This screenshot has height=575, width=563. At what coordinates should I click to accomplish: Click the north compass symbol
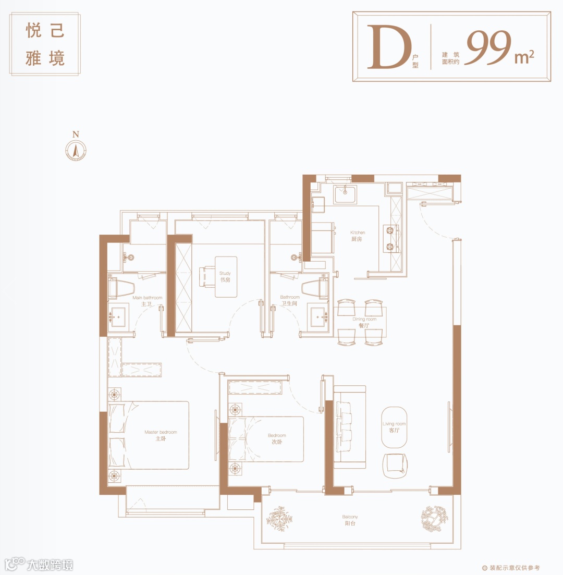click(76, 150)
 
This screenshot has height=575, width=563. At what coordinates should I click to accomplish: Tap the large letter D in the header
click(389, 47)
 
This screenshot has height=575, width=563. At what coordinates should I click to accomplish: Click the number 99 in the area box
click(488, 47)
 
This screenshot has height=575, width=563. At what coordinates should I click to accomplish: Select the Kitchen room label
click(357, 236)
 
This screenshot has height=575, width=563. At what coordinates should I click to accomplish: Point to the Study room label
click(225, 276)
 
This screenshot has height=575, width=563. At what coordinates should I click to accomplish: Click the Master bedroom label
click(161, 435)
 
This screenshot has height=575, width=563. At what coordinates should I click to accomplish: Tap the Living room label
click(394, 427)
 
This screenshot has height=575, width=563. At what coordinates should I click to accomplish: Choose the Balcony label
click(350, 520)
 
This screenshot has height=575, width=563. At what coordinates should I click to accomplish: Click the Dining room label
click(364, 322)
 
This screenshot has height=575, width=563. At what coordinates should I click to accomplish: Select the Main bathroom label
click(147, 301)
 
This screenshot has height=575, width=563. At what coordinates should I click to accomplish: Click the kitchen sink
click(345, 194)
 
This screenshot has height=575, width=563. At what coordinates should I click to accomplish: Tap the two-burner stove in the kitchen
click(390, 239)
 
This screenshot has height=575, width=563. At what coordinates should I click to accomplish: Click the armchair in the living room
click(395, 466)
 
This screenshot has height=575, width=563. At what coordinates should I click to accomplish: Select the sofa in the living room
click(350, 427)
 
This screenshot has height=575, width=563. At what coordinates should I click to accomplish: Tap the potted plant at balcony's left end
click(279, 519)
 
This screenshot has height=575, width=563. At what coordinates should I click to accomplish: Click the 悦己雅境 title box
click(45, 44)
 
